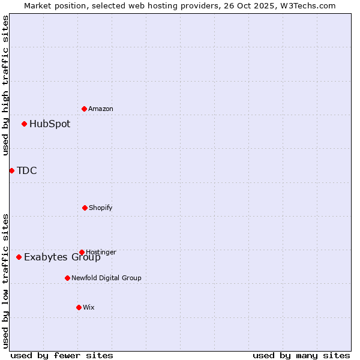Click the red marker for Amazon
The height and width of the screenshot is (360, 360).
85,109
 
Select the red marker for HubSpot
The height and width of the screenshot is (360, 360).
25,124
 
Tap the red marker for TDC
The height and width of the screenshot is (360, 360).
11,171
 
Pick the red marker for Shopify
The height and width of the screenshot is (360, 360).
85,208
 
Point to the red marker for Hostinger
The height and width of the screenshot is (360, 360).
82,252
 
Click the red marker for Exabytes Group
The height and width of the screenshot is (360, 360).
19,257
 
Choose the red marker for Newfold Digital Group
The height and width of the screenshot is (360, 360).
67,278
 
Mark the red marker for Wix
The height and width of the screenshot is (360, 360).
79,307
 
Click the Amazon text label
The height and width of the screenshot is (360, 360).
101,109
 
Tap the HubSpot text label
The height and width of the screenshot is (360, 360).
50,124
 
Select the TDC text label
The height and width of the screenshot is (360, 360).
27,171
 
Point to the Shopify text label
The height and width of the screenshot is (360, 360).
101,208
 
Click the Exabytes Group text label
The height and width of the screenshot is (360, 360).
62,258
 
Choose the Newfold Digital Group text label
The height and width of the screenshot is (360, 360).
106,278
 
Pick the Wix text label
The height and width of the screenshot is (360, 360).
89,307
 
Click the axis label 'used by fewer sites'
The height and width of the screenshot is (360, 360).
62,355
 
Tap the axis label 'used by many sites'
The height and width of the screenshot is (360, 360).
301,355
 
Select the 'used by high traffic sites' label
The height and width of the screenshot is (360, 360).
5,85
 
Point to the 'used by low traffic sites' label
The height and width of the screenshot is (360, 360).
5,281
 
